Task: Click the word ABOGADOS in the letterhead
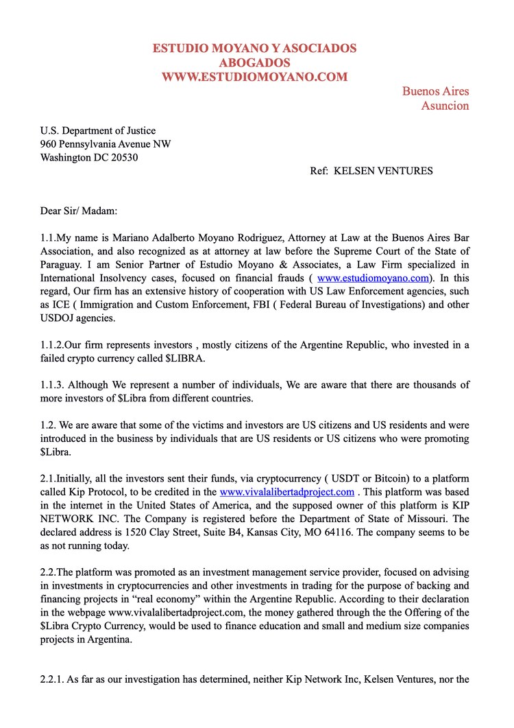tap(255, 63)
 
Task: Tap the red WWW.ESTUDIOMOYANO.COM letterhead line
tap(255, 77)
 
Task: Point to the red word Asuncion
tap(445, 106)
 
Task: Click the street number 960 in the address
tap(48, 144)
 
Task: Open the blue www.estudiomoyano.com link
tap(373, 278)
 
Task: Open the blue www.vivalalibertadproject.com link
tap(286, 492)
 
